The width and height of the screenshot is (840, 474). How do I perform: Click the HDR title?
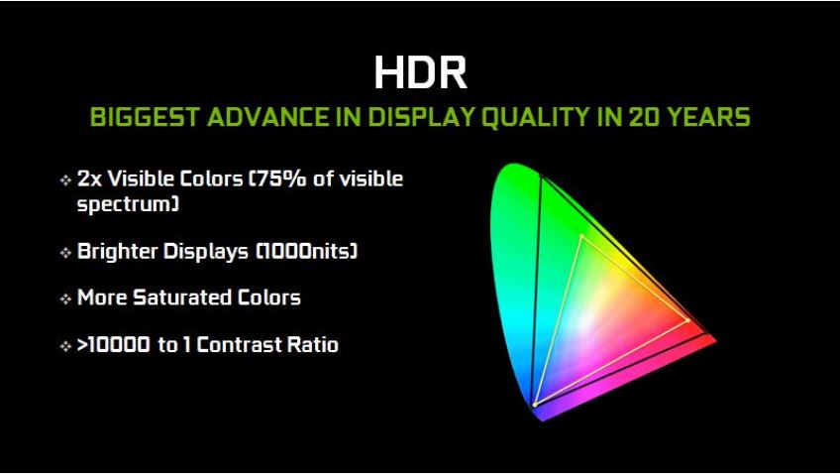point(421,71)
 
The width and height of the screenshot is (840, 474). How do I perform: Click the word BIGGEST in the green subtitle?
point(145,117)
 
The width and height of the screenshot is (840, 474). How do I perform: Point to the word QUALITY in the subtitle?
point(536,117)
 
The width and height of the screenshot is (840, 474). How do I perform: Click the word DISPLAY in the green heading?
point(421,117)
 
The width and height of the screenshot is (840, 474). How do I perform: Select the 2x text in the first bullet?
point(89,178)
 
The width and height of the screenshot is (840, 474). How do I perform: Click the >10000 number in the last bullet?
point(114,345)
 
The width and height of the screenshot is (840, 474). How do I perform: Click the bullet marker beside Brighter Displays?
point(65,252)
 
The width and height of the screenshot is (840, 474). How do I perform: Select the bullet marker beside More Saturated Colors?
point(65,298)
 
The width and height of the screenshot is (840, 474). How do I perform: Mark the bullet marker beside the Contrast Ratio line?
point(65,346)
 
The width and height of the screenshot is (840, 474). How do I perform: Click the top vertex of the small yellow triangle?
point(581,236)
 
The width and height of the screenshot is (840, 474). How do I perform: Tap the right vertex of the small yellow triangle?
point(688,320)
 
